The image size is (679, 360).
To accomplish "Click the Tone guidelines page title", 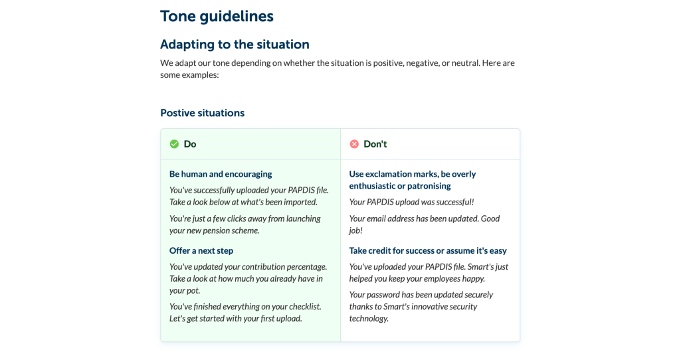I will point(217,16).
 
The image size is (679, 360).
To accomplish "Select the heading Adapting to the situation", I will point(235,45).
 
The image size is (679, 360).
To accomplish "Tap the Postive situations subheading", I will point(202,113).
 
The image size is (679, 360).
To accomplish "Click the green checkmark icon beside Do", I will point(174,144).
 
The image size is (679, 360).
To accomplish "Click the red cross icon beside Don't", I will point(354,144).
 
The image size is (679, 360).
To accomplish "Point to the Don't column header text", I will point(375,144).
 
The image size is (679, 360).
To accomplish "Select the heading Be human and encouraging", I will point(221,174).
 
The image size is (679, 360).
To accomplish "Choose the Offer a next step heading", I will point(201,250).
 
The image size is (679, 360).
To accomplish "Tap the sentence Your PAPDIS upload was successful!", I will point(411,202).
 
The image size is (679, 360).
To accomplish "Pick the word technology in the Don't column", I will point(369,318).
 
